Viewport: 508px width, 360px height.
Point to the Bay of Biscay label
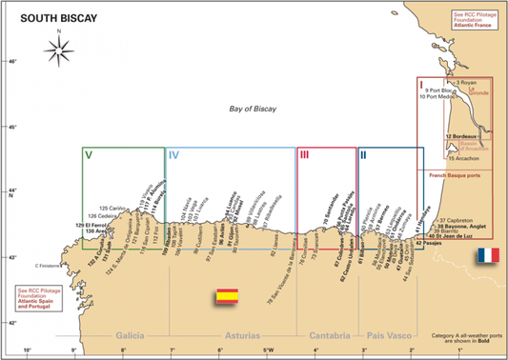coord(253,110)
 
